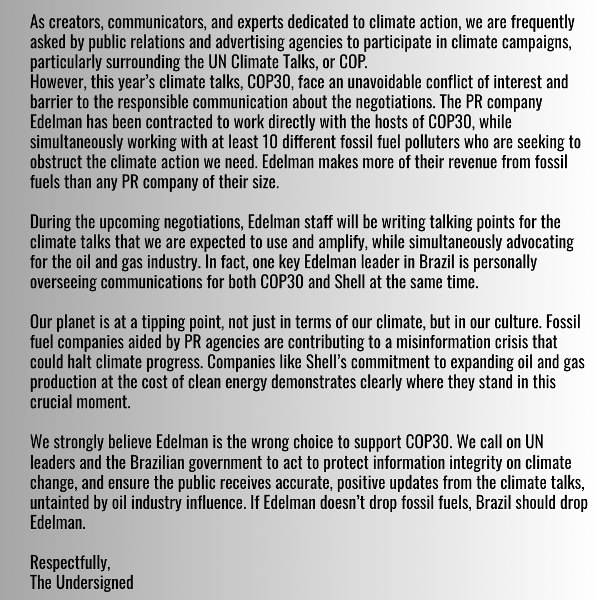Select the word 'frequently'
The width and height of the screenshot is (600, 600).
coord(538,23)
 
